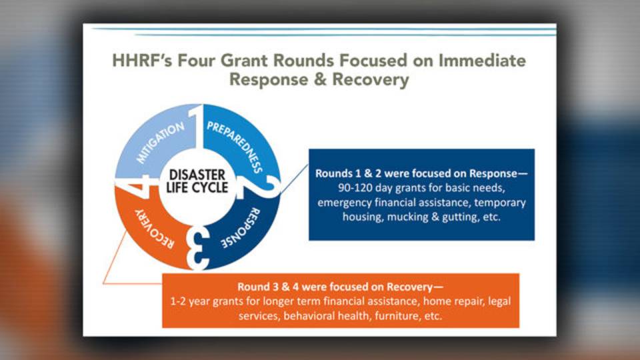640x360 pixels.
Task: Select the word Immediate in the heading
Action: pos(482,61)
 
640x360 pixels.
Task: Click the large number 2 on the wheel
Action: pos(260,187)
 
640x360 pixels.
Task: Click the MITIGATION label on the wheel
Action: pos(160,142)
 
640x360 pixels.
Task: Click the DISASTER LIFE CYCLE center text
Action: pos(197,181)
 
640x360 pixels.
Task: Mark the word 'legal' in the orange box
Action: pos(499,301)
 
